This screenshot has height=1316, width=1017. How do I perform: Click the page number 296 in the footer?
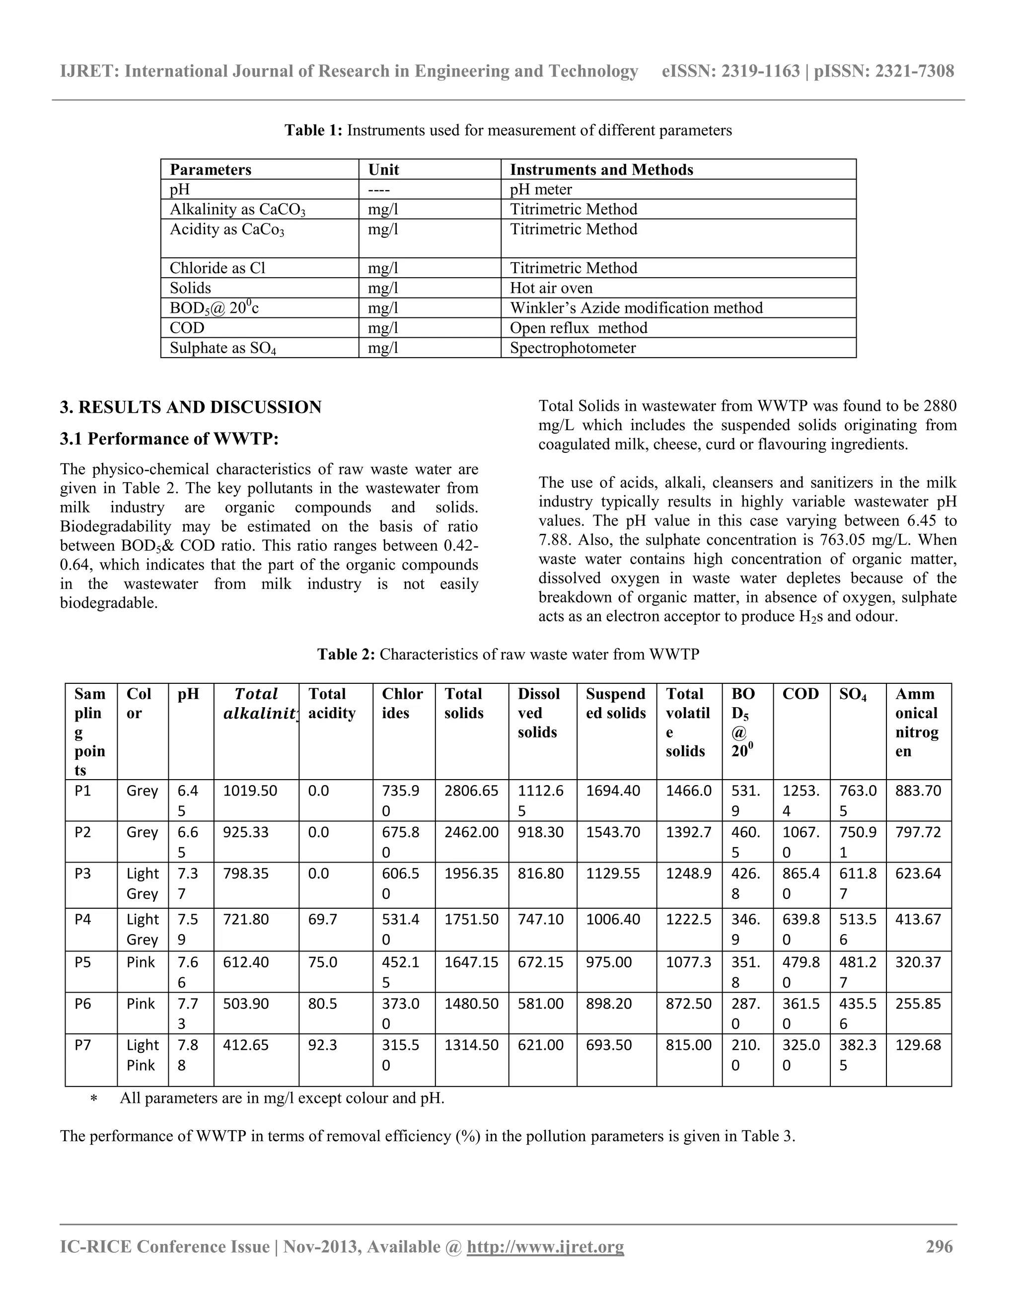point(939,1245)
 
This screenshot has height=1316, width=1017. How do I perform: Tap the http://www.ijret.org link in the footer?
point(545,1245)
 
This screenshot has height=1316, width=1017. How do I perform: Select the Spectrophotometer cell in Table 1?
point(573,348)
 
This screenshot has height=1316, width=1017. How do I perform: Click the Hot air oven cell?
point(551,288)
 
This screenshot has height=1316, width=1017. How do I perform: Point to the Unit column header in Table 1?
point(384,169)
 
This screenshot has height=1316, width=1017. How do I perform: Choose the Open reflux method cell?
point(579,328)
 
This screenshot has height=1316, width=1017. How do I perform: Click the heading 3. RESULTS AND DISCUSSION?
point(190,407)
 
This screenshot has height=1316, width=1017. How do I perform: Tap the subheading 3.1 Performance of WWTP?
point(169,439)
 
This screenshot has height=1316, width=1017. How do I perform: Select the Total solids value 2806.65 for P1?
point(471,791)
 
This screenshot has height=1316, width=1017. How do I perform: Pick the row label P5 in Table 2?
point(82,962)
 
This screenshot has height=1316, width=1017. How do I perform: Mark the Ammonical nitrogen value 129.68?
point(918,1045)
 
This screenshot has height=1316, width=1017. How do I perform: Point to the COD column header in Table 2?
point(800,694)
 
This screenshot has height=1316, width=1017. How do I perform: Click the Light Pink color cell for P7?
point(142,1054)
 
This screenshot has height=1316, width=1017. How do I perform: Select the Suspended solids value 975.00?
point(608,962)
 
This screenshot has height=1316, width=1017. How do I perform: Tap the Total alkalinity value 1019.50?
point(250,791)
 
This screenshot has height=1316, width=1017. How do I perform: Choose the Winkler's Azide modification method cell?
point(636,308)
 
